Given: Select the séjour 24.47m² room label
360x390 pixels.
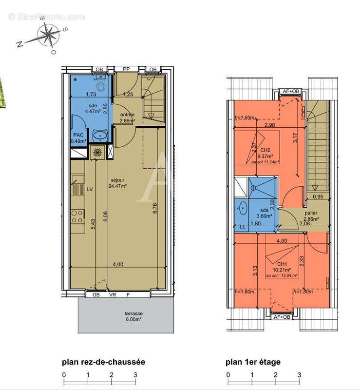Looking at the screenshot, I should click(117, 183).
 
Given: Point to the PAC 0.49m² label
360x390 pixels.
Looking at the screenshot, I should click(78, 138).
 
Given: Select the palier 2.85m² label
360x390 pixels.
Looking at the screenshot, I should click(311, 216).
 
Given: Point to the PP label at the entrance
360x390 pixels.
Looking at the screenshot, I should click(126, 69).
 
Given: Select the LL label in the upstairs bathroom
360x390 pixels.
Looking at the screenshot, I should click(243, 227).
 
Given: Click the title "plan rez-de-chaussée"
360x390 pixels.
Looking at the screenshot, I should click(103, 362).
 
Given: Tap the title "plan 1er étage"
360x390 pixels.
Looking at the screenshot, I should click(252, 362).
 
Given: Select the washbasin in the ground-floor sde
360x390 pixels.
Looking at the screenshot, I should click(101, 135).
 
